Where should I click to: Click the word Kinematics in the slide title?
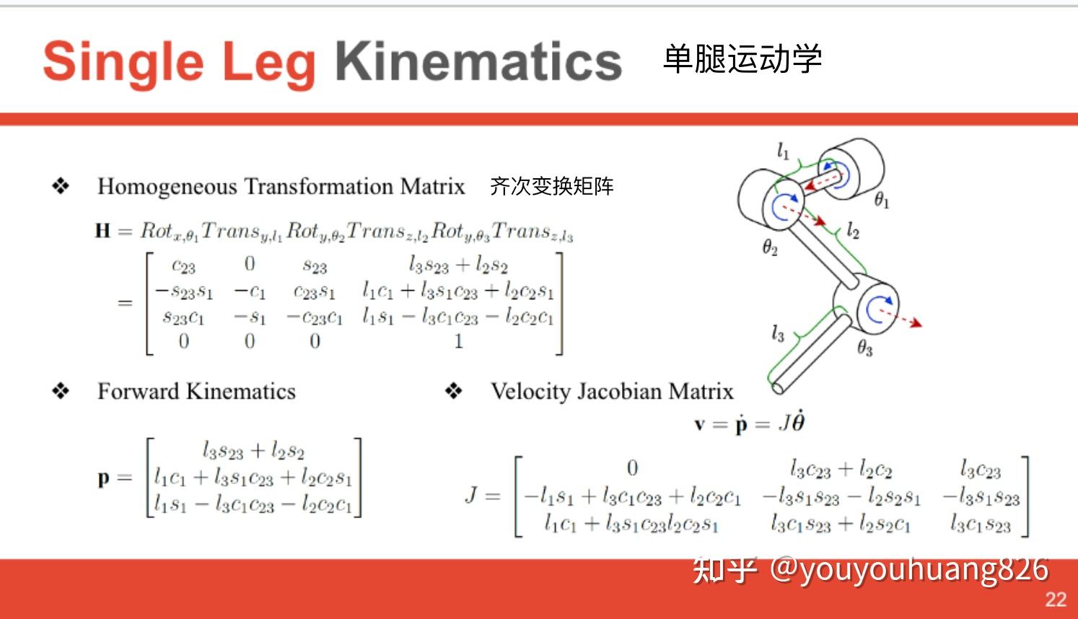click(478, 61)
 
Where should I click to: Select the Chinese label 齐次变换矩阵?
click(552, 186)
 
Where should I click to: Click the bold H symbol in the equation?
click(102, 231)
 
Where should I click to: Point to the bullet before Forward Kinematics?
click(61, 391)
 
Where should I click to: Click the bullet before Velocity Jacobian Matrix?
click(453, 391)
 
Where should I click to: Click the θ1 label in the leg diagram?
click(882, 200)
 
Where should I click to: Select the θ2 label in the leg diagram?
click(770, 248)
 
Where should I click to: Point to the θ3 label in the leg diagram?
click(864, 348)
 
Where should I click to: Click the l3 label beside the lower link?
click(777, 333)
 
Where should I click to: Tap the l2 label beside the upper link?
click(853, 230)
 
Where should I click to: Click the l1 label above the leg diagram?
click(783, 151)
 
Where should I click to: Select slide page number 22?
click(1056, 599)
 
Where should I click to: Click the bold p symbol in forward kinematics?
click(104, 478)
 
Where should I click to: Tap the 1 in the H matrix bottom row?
click(458, 341)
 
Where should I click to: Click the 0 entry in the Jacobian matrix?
click(632, 468)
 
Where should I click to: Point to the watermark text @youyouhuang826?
click(909, 569)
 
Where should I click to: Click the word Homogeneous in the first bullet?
click(167, 187)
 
